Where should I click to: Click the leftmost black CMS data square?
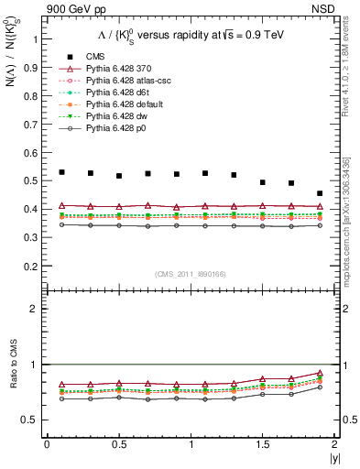(61, 172)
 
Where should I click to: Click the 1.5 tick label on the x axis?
(262, 444)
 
